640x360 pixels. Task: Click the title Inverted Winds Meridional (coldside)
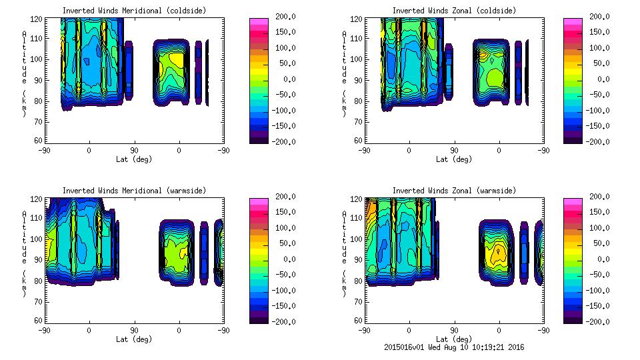click(x=134, y=11)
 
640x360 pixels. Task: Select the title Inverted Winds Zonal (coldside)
click(x=454, y=11)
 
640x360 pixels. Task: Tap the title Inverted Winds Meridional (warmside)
click(x=134, y=191)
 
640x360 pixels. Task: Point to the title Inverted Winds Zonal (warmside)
click(x=454, y=191)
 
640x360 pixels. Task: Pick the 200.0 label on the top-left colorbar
click(x=288, y=17)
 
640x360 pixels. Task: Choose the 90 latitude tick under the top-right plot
click(x=453, y=151)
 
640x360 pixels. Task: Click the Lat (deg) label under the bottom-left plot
click(x=134, y=339)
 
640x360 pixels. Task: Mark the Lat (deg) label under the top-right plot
click(x=453, y=159)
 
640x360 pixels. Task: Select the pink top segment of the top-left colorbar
click(x=257, y=23)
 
